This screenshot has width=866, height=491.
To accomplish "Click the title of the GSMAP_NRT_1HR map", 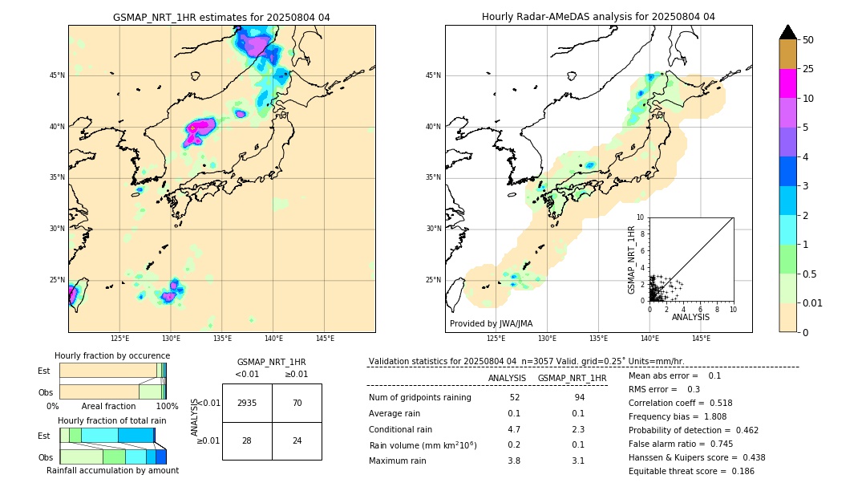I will pos(221,17).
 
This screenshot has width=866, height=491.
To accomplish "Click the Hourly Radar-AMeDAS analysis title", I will pos(598,17).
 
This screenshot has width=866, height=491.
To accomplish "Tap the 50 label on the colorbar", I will pos(809,39).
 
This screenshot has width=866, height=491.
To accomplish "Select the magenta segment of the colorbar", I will pos(787,83).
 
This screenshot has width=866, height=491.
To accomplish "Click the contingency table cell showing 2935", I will pos(247,403).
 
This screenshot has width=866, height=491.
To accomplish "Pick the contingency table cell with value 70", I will pos(297,403).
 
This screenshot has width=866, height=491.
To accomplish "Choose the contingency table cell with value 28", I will pos(247,440).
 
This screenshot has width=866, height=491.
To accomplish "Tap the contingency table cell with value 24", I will pos(297,440).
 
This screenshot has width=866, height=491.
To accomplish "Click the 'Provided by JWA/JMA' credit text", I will pos(491,324).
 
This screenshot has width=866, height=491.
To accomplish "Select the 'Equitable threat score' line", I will pos(692,471).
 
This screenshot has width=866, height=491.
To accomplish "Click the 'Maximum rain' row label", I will pos(399,461).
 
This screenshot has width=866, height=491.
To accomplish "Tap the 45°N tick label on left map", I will pos(57,75).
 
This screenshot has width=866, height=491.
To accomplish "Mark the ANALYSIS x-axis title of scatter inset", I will pos(690,318).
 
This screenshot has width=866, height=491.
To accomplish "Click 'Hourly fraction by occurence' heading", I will pos(112,355).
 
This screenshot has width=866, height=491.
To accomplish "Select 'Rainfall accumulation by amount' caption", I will pos(112,470).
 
